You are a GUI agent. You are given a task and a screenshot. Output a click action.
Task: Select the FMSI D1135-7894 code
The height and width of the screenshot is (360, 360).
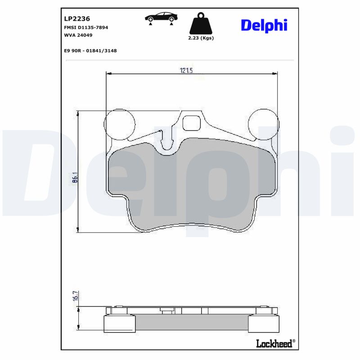(86, 27)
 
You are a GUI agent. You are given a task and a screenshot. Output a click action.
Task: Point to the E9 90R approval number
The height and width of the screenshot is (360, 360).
(91, 51)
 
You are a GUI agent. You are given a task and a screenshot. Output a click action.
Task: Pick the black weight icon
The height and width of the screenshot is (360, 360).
(201, 24)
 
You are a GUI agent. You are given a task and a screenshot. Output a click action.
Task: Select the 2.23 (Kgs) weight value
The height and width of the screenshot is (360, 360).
(201, 38)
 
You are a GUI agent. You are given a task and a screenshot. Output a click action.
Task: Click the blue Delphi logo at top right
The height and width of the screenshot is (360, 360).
(264, 25)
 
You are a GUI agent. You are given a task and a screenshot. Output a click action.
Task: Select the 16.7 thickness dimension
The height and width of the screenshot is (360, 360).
(75, 296)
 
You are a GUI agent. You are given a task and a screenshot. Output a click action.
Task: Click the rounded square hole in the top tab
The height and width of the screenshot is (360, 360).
(193, 122)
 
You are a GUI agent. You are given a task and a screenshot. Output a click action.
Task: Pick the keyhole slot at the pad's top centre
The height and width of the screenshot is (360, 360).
(167, 141)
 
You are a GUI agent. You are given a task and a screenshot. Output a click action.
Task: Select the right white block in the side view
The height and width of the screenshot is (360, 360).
(264, 324)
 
